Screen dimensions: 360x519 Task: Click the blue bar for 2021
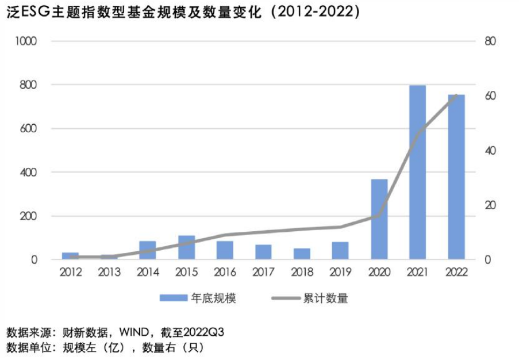coord(417,173)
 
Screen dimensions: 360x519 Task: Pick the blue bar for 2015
coord(186,248)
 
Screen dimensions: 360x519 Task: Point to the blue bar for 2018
coord(302,254)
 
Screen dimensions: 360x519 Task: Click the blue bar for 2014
coord(148,251)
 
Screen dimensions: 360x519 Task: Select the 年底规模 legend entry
coord(198,298)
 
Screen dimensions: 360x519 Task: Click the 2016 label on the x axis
coord(225,272)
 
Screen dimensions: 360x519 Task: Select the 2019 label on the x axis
coord(340,272)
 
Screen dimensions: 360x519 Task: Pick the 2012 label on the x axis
coord(71,272)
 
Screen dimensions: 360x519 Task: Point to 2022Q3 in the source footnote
coord(203,332)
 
